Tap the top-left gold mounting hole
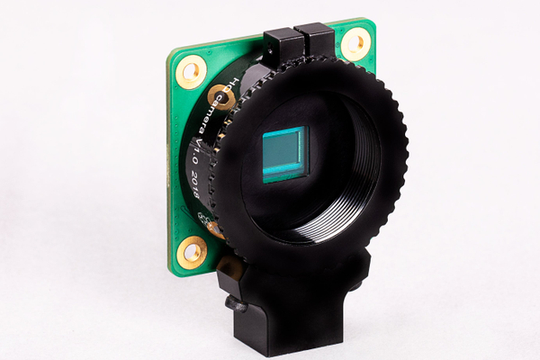[x=191, y=71]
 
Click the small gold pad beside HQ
[x=220, y=94]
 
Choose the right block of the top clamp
[x=315, y=40]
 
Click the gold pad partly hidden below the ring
[x=215, y=228]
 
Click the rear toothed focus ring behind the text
[x=200, y=166]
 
